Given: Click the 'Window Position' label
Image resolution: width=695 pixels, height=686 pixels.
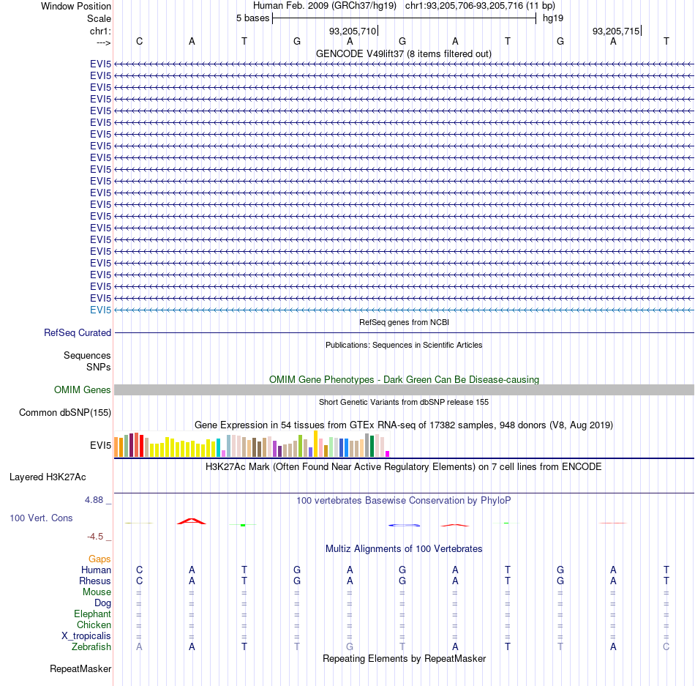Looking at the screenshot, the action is pos(76,6).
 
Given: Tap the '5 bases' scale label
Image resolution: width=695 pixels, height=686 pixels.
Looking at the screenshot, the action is pos(252,18).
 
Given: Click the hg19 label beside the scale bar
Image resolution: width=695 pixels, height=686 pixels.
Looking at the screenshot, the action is pos(553,18).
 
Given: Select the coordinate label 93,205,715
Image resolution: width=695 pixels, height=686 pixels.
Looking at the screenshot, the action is pos(616,31).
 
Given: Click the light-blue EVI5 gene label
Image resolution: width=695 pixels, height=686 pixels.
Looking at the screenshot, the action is pos(101,310).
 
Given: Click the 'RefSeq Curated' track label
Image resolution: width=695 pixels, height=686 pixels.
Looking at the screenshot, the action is pos(78,332).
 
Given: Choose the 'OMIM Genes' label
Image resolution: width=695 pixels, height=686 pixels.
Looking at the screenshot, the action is pos(83,389).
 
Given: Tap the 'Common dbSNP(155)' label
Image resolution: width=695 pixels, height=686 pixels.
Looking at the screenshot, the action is pos(65,412).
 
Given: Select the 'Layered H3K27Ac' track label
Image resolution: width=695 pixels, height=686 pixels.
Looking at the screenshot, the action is pos(48,477).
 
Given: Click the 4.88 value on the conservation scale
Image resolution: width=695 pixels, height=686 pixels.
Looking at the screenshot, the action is pos(94,500).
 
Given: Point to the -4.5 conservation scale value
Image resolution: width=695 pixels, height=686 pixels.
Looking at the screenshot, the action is pos(95,537).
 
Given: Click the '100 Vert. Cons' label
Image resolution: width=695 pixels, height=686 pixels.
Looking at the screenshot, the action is pos(41,518).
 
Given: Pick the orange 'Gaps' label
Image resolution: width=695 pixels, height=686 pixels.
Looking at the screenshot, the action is pos(99,559).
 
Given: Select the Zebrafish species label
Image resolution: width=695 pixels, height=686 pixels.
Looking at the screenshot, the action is pos(91,647).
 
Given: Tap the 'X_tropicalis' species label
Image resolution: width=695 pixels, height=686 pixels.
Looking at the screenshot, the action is pos(86,636).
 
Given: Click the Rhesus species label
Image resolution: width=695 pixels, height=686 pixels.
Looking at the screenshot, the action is pos(95,581).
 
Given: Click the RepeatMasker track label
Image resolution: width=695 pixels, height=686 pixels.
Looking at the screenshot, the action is pos(80,668).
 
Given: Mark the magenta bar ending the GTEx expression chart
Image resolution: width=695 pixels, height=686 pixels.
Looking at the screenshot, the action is pos(388,454).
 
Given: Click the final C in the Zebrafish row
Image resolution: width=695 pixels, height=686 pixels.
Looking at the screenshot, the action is pos(666,647).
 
